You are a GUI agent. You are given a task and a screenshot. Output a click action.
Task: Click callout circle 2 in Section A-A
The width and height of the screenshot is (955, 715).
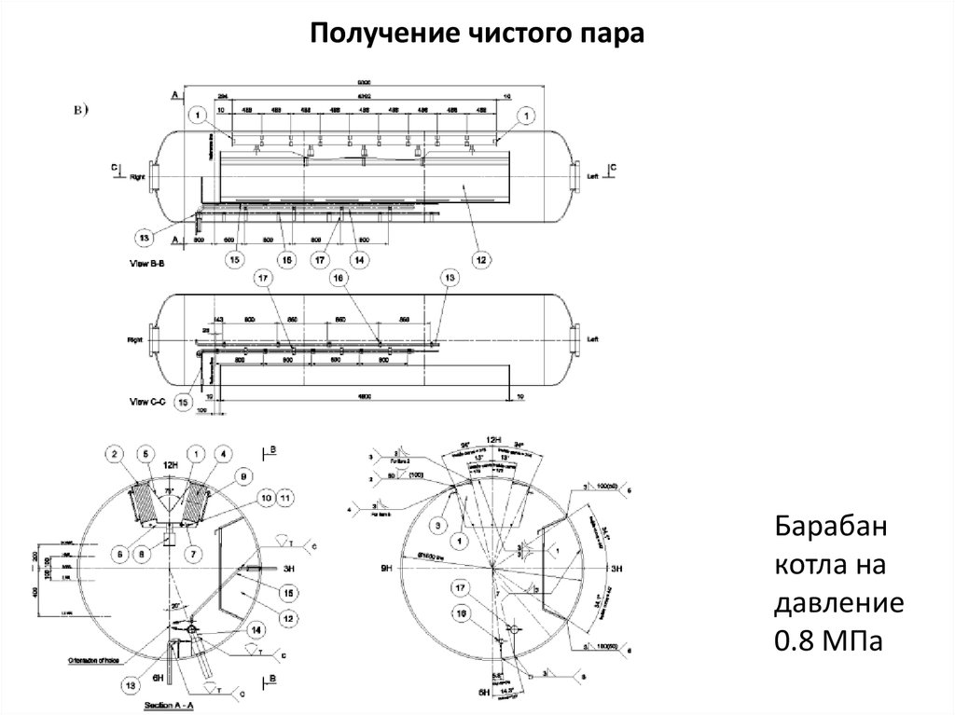coord(115,454)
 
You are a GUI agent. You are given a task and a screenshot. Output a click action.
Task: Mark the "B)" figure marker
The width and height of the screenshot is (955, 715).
coord(81,110)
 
